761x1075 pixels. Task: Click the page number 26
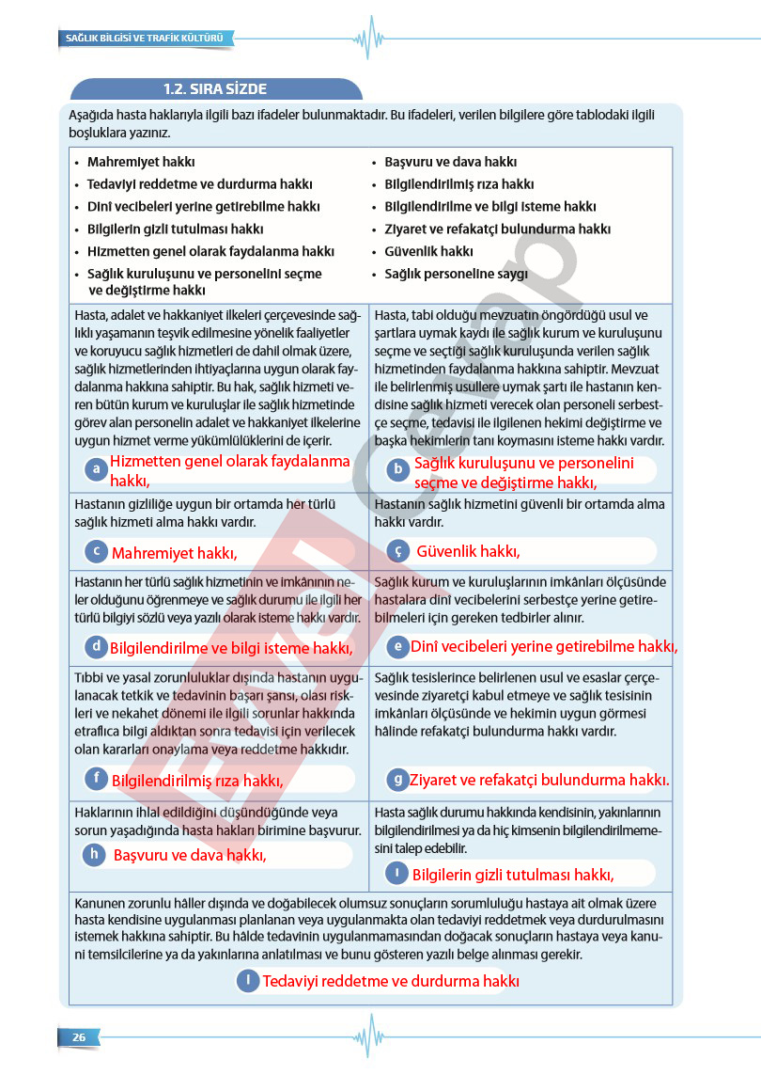tap(79, 1036)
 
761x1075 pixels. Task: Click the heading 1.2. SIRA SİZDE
tap(215, 89)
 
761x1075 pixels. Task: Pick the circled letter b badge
tap(398, 468)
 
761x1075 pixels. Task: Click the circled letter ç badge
tap(398, 551)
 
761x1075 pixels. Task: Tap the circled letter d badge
tap(95, 646)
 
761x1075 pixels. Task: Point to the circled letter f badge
tap(95, 778)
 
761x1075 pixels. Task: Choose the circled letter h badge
tap(94, 854)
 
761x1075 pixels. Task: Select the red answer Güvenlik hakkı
tap(468, 551)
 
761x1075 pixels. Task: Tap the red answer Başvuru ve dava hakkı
tap(190, 855)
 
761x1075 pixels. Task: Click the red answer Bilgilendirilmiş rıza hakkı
tap(197, 780)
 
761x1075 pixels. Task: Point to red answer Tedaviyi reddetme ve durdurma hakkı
tap(391, 981)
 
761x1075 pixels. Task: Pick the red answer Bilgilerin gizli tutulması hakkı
tap(513, 875)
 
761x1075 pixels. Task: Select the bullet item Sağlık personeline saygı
tap(456, 275)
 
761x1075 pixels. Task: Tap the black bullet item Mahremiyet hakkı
tap(141, 162)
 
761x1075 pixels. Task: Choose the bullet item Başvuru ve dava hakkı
tap(450, 162)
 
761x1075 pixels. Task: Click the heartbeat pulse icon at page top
tap(370, 39)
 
